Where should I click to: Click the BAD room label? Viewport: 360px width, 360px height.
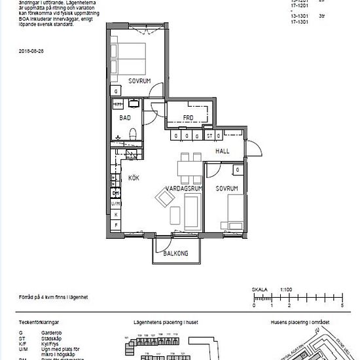pos(126,118)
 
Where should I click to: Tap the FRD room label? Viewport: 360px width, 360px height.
pos(189,118)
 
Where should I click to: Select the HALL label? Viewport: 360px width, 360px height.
pos(223,151)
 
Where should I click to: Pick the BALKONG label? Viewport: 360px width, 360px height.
pos(176,253)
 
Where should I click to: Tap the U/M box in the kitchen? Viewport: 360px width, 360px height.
pos(116,204)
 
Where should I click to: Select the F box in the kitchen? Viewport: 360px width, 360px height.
pos(116,225)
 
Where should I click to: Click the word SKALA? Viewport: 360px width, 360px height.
pos(260,289)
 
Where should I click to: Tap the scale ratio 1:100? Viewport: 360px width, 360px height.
pos(285,289)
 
